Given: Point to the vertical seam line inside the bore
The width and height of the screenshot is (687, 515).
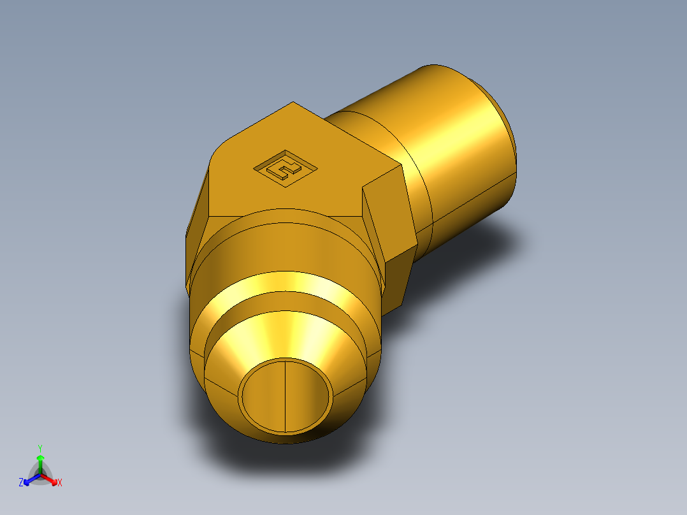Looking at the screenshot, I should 285,395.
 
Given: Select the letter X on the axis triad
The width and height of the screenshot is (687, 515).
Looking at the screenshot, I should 60,483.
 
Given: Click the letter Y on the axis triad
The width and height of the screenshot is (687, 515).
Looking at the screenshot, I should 40,448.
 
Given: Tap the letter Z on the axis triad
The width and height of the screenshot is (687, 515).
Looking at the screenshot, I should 21,482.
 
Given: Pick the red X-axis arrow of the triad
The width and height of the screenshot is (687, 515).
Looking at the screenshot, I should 51,479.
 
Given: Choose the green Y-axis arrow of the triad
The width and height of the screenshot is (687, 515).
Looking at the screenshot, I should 40,462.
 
